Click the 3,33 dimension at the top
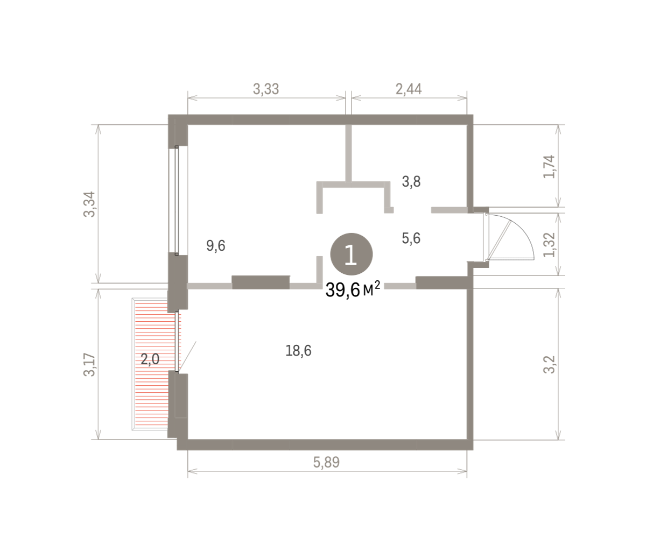coord(265,89)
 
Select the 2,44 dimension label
coord(409,89)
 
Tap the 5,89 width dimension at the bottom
coord(326,463)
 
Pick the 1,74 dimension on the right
coord(549,167)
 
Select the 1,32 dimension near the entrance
coord(549,245)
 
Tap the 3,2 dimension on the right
coord(549,364)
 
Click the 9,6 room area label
coord(216,246)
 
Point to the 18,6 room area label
coord(298,351)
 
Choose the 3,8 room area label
coord(411,182)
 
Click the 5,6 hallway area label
coord(411,239)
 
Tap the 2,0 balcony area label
coord(150,359)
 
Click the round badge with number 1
coord(352,254)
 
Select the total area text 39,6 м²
coord(353,289)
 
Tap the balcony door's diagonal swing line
coord(187,356)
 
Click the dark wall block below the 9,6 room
coord(261,282)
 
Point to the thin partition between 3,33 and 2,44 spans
coord(348,153)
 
